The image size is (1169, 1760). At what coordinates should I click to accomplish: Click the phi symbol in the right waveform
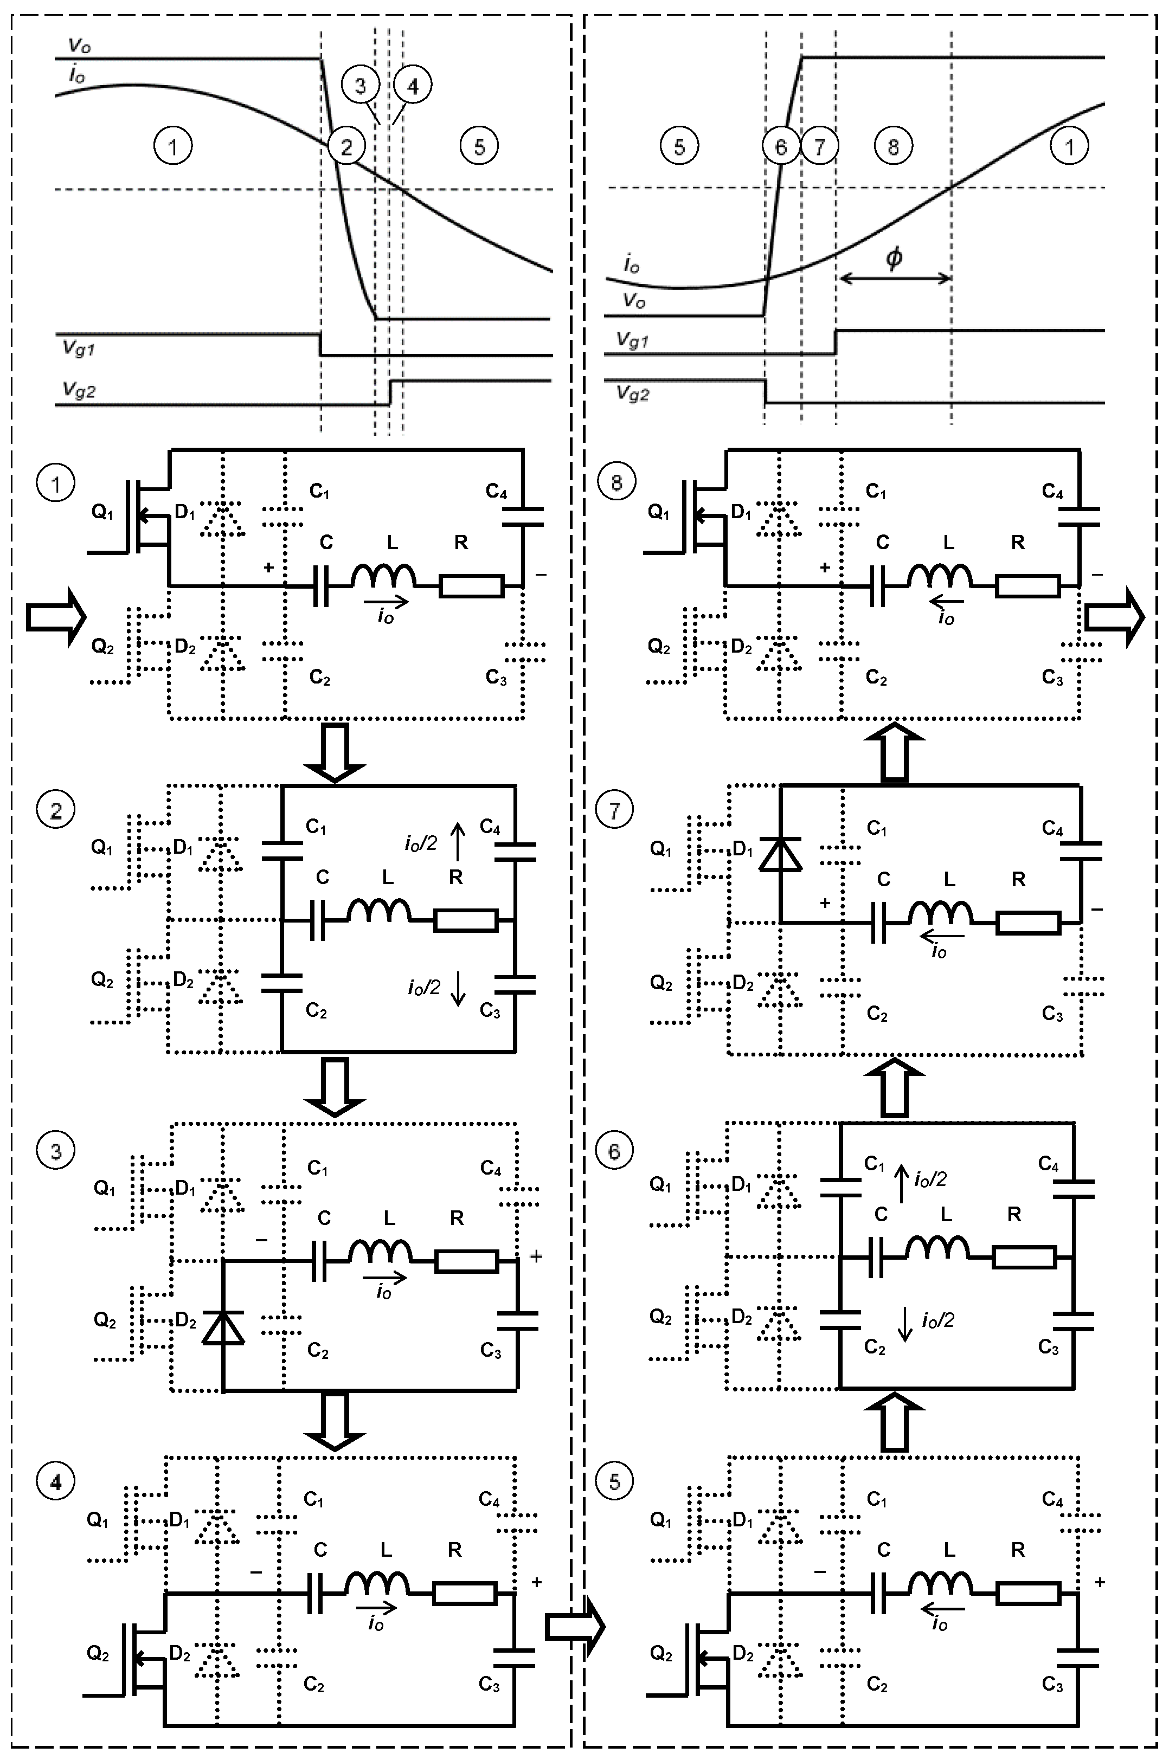[893, 258]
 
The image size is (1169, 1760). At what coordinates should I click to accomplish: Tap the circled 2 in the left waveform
[346, 147]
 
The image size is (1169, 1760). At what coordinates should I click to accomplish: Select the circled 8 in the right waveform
[892, 147]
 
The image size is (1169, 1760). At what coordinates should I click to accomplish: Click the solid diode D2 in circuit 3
[223, 1328]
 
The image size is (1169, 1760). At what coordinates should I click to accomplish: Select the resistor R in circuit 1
[472, 586]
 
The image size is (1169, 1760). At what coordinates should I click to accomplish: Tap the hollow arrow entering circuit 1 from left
[56, 617]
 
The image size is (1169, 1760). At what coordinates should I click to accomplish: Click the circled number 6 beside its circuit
[614, 1151]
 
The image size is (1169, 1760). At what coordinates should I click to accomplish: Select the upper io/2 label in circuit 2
[421, 843]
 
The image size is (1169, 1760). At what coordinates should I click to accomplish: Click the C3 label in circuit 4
[489, 1684]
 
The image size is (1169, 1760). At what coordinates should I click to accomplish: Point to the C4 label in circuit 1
[497, 491]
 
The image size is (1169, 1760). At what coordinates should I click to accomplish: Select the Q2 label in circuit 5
[660, 1653]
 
